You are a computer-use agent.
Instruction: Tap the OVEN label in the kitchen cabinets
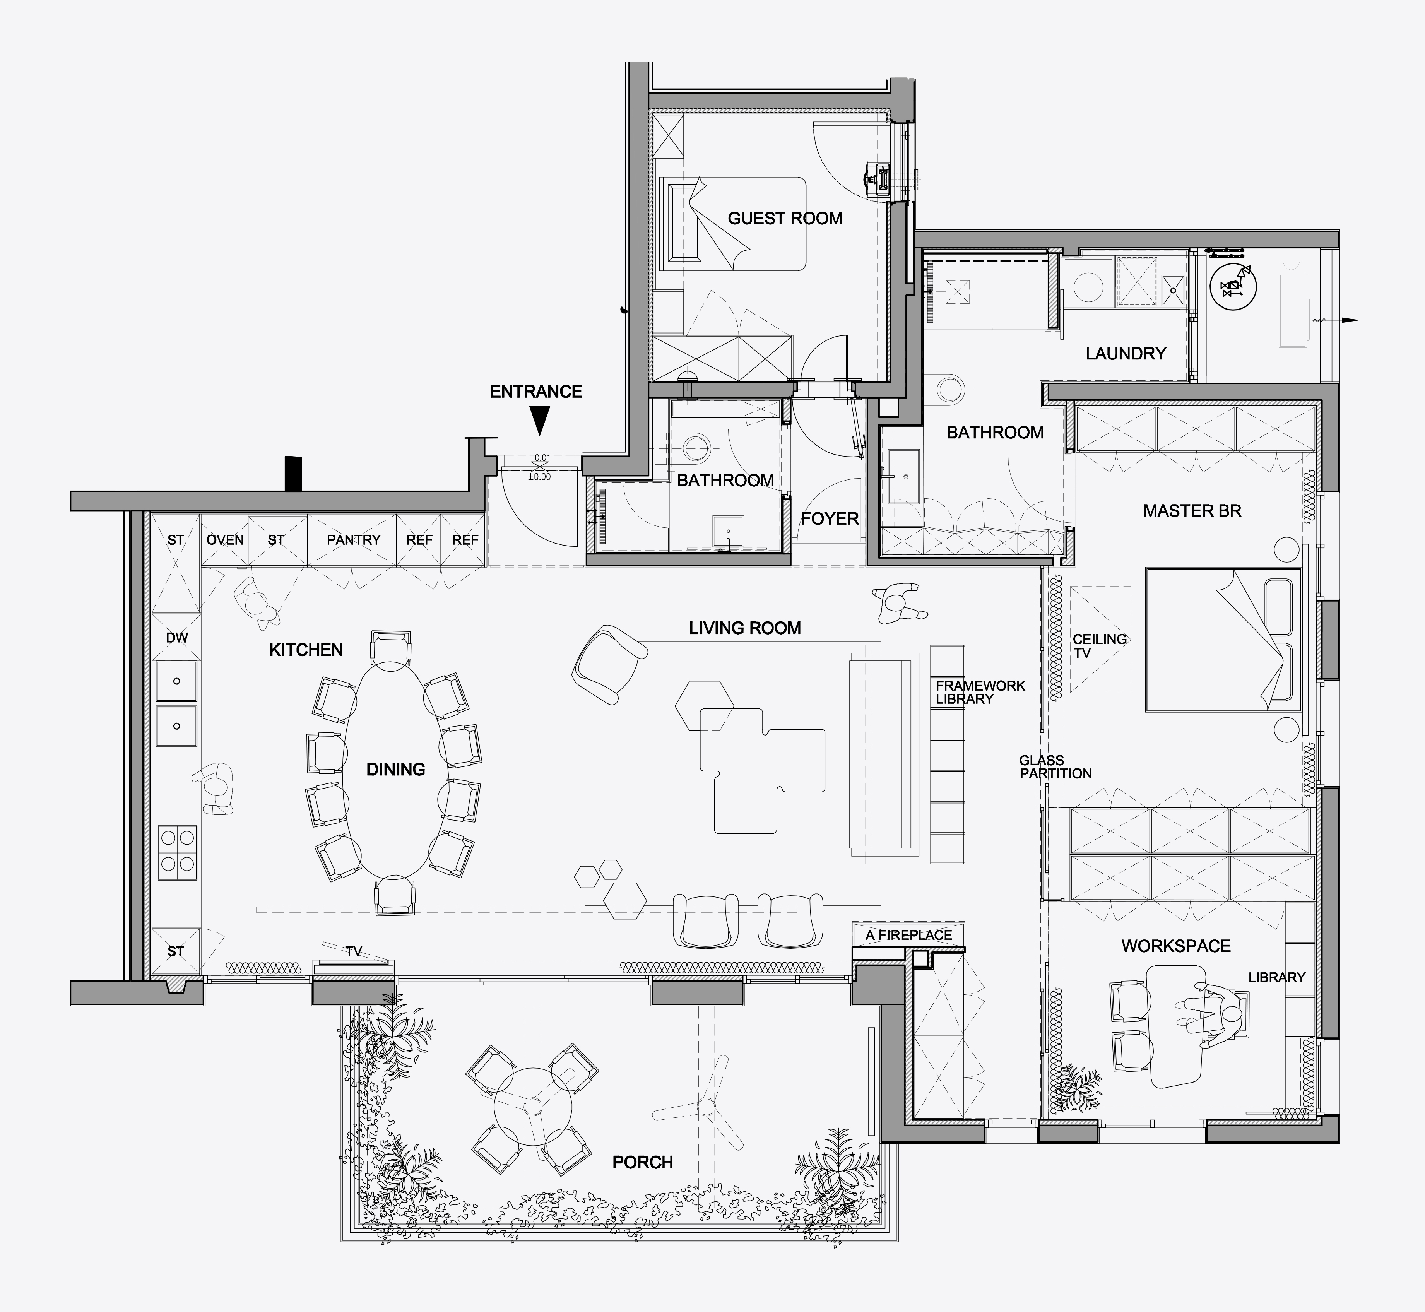[225, 540]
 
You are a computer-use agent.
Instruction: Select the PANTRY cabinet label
[354, 540]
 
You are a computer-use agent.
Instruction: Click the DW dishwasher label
[177, 638]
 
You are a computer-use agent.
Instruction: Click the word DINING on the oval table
[395, 769]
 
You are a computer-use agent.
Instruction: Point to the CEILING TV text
[1099, 645]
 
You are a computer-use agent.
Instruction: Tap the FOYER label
[829, 519]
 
